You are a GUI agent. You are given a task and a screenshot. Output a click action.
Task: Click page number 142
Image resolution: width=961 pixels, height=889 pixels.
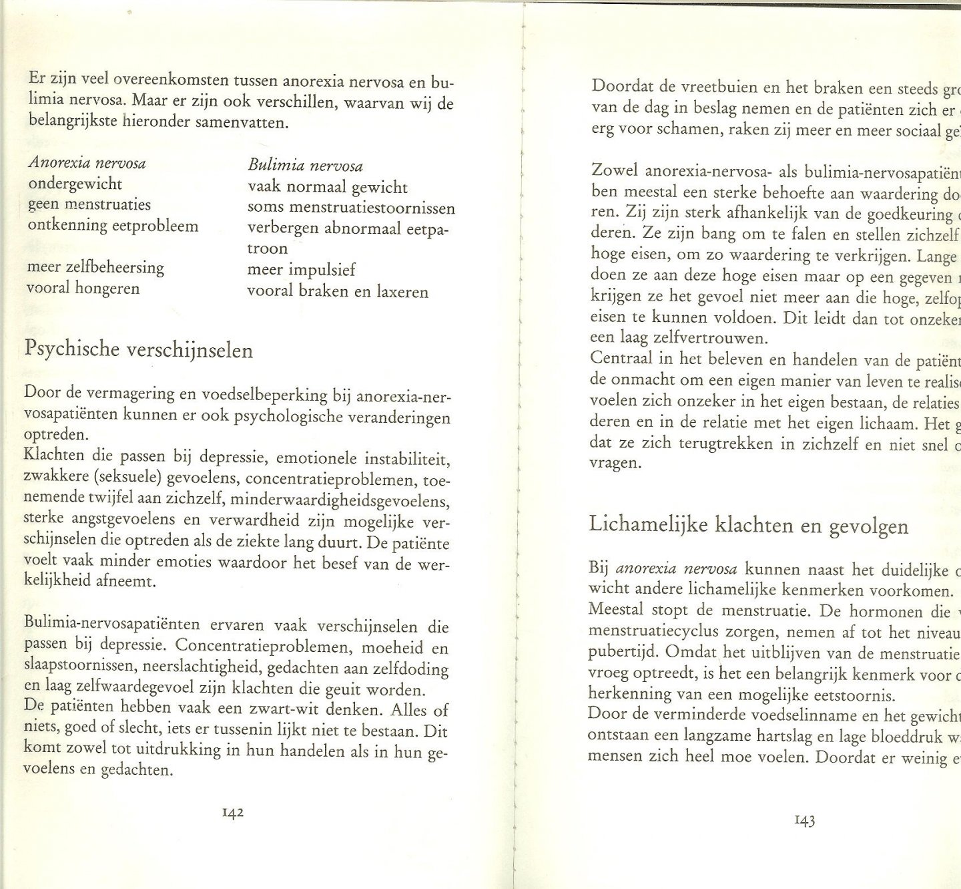[233, 813]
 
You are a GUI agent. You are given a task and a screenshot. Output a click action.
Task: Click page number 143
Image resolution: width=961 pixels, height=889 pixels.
[805, 820]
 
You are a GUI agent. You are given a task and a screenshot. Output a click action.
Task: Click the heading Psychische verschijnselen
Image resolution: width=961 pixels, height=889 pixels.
[139, 349]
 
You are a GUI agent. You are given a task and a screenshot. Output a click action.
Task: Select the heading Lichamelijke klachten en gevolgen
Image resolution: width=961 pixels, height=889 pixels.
[748, 526]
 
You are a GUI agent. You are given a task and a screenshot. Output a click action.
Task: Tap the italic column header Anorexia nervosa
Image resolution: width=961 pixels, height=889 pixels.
[87, 163]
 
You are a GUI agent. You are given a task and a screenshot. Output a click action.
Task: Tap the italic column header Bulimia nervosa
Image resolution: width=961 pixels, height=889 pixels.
[306, 166]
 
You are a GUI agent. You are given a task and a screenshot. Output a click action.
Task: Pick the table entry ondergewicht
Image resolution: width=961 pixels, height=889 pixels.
[75, 184]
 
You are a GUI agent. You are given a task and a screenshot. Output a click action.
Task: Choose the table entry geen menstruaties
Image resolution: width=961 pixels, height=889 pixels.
[89, 204]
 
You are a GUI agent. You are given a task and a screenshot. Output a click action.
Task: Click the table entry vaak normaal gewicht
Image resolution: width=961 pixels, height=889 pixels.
[328, 187]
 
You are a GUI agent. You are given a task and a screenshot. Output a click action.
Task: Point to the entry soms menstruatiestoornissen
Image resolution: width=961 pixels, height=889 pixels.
[351, 208]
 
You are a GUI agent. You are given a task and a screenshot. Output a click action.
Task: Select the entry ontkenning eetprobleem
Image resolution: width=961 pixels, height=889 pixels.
[113, 226]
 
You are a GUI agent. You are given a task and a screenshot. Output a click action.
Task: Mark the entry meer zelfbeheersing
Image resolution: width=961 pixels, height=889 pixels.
[95, 267]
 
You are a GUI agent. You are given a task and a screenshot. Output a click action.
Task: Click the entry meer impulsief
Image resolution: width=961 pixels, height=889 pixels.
[302, 270]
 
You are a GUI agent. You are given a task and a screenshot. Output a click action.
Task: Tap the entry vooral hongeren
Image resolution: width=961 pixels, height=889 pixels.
[83, 289]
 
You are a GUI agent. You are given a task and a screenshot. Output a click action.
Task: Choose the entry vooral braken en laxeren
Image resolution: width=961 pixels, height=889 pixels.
[338, 291]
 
